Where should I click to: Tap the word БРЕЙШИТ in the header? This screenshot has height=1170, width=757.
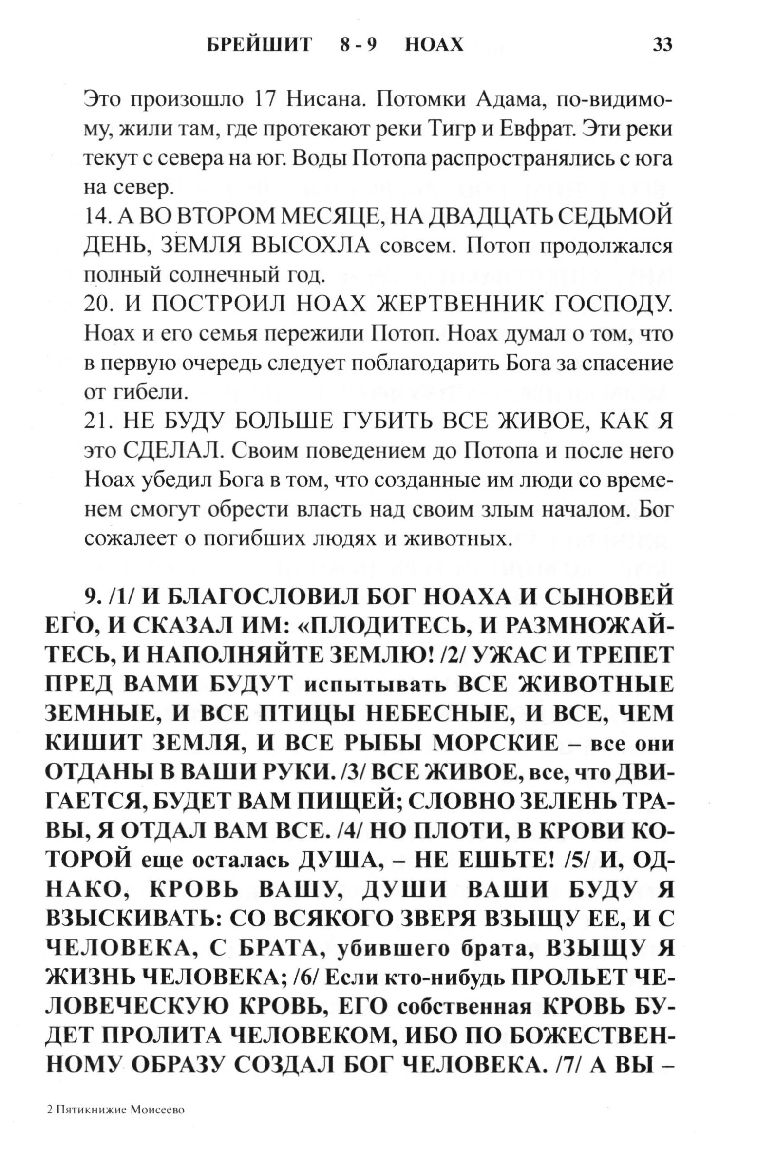coord(259,45)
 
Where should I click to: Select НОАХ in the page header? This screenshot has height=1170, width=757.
coord(434,45)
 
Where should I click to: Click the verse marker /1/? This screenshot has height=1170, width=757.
coord(118,597)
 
